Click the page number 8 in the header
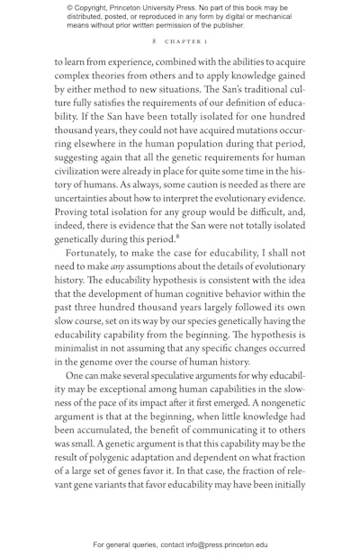click(153, 41)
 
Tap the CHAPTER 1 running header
click(185, 41)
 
